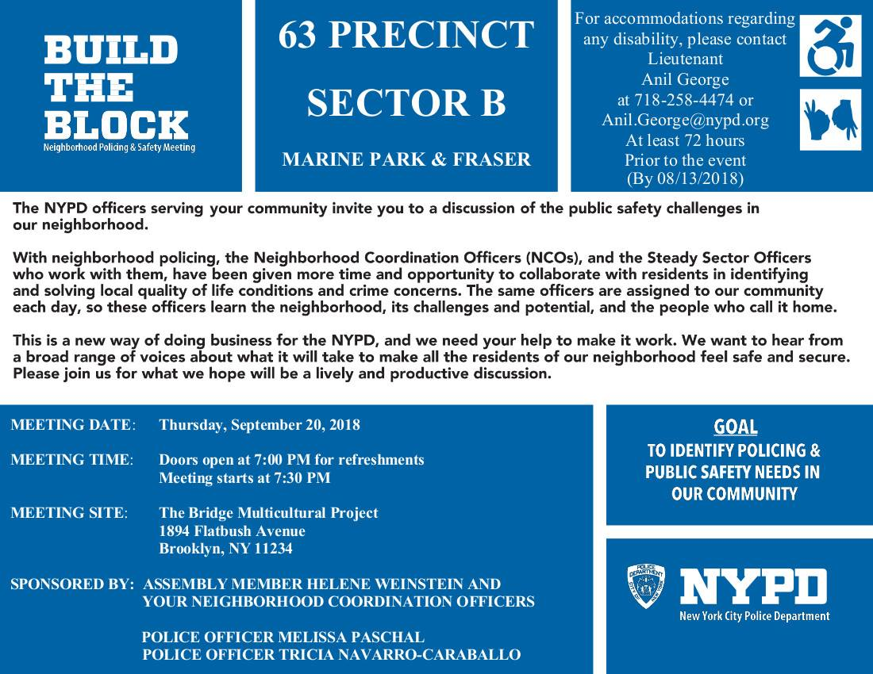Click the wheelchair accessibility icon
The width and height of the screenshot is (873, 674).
(x=830, y=47)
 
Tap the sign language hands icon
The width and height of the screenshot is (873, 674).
(x=830, y=120)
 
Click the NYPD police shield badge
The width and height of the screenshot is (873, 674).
(x=646, y=587)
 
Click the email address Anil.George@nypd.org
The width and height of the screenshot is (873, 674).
(x=685, y=121)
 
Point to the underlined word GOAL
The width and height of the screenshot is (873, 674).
(x=735, y=427)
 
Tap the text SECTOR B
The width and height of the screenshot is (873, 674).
(x=406, y=103)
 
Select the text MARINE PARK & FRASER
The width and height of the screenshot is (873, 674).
(x=406, y=160)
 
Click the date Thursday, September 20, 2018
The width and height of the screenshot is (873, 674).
(x=260, y=425)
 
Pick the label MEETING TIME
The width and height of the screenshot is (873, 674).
(x=70, y=460)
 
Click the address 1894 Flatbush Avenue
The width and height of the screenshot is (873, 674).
(x=232, y=531)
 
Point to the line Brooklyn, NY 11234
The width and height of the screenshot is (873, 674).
(x=225, y=549)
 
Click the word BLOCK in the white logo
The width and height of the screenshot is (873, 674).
(x=117, y=124)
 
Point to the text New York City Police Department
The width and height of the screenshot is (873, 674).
(x=754, y=616)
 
